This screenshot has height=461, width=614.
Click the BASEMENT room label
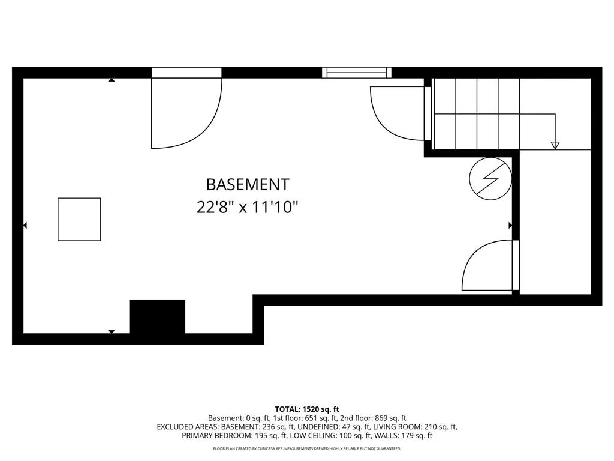(247, 184)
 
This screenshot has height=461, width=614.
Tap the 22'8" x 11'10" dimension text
(247, 208)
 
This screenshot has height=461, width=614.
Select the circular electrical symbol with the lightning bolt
(490, 178)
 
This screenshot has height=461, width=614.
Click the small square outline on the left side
(79, 219)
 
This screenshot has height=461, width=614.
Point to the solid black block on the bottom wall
(157, 316)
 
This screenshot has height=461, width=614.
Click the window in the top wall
(357, 73)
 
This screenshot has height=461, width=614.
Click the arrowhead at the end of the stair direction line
(555, 145)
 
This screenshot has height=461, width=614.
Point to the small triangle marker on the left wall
(25, 226)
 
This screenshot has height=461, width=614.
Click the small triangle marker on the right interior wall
(510, 226)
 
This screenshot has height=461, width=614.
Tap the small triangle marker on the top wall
(112, 79)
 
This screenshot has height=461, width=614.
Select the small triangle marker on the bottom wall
(112, 331)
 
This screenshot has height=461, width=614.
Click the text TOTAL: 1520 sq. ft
(307, 409)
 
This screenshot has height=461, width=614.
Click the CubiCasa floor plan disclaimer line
(307, 448)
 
